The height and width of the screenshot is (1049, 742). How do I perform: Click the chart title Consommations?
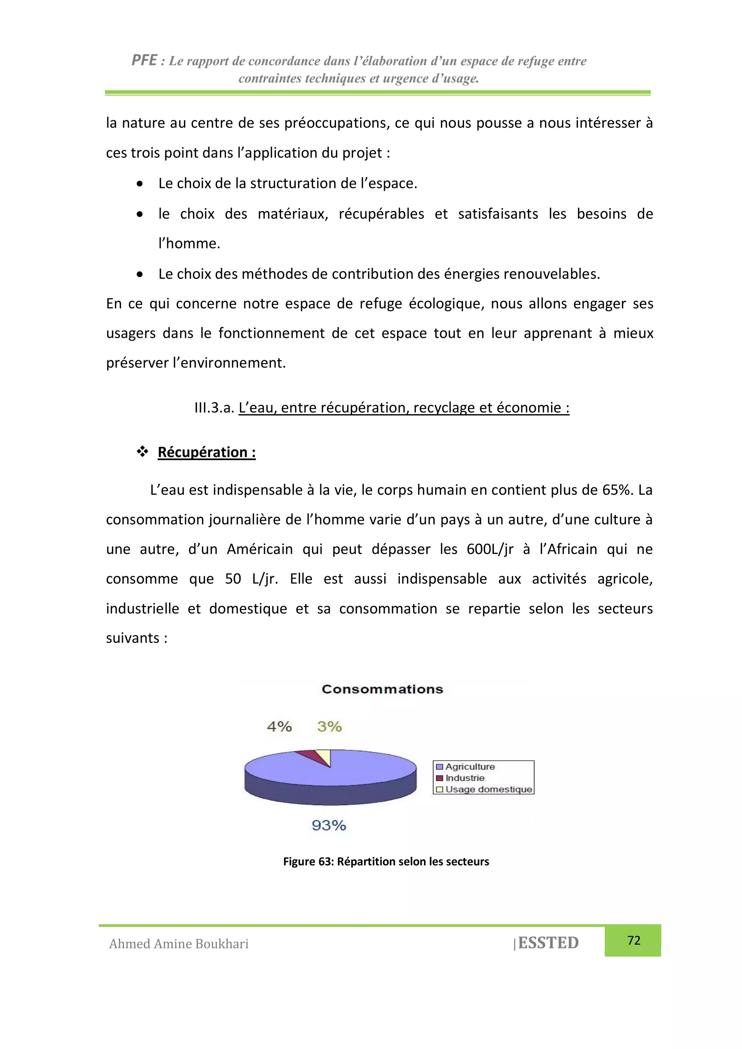(382, 689)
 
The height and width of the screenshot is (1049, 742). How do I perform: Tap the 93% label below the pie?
(329, 826)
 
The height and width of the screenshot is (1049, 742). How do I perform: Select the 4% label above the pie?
(279, 726)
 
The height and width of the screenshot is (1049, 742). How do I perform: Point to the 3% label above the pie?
(329, 726)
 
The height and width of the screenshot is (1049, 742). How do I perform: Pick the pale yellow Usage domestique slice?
(325, 756)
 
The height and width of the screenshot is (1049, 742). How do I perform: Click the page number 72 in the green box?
(634, 940)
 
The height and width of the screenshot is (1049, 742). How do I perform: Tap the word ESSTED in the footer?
(548, 943)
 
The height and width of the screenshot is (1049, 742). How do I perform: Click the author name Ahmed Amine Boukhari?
(179, 944)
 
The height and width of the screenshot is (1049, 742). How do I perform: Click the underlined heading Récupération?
(206, 452)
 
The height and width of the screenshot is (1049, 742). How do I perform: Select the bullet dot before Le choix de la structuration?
(140, 184)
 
